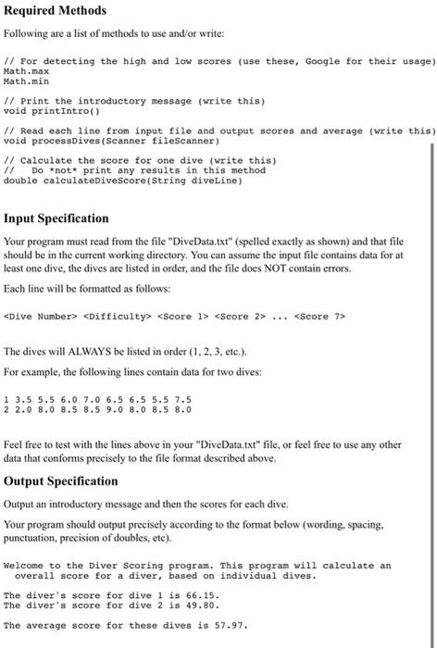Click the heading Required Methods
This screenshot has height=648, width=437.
[56, 10]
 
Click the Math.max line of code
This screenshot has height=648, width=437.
[23, 70]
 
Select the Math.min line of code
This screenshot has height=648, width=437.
[23, 81]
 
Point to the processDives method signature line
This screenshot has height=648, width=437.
[112, 141]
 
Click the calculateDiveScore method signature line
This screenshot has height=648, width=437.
[123, 181]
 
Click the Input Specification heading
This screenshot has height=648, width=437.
[69, 219]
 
